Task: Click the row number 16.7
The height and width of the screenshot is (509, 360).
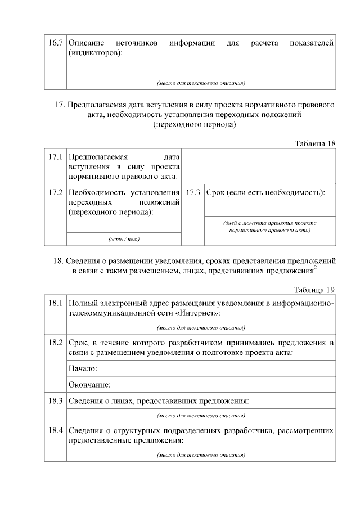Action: coord(55,43)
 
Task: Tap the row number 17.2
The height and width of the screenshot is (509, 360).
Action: coord(55,192)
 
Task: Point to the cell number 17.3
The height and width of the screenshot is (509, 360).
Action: coord(193,192)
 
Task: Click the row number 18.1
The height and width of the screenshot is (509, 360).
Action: coord(55,303)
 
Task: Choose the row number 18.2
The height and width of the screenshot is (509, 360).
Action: coord(55,343)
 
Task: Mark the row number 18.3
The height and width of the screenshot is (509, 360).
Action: coord(55,401)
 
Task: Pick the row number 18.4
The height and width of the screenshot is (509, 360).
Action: coord(55,431)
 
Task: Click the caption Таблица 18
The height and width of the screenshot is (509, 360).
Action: coord(315,143)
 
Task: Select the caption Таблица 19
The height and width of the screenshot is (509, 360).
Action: coord(315,290)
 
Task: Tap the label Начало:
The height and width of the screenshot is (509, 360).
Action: coord(83,368)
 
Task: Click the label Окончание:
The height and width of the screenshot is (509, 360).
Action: coord(89,385)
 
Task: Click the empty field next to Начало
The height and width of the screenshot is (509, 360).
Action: coord(224,368)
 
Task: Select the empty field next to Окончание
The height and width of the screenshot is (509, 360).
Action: coord(224,385)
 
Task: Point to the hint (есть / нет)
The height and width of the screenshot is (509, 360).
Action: coord(124,239)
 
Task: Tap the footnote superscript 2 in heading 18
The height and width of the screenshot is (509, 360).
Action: coord(315,268)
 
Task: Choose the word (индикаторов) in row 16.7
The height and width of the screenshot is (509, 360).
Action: coord(95,53)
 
